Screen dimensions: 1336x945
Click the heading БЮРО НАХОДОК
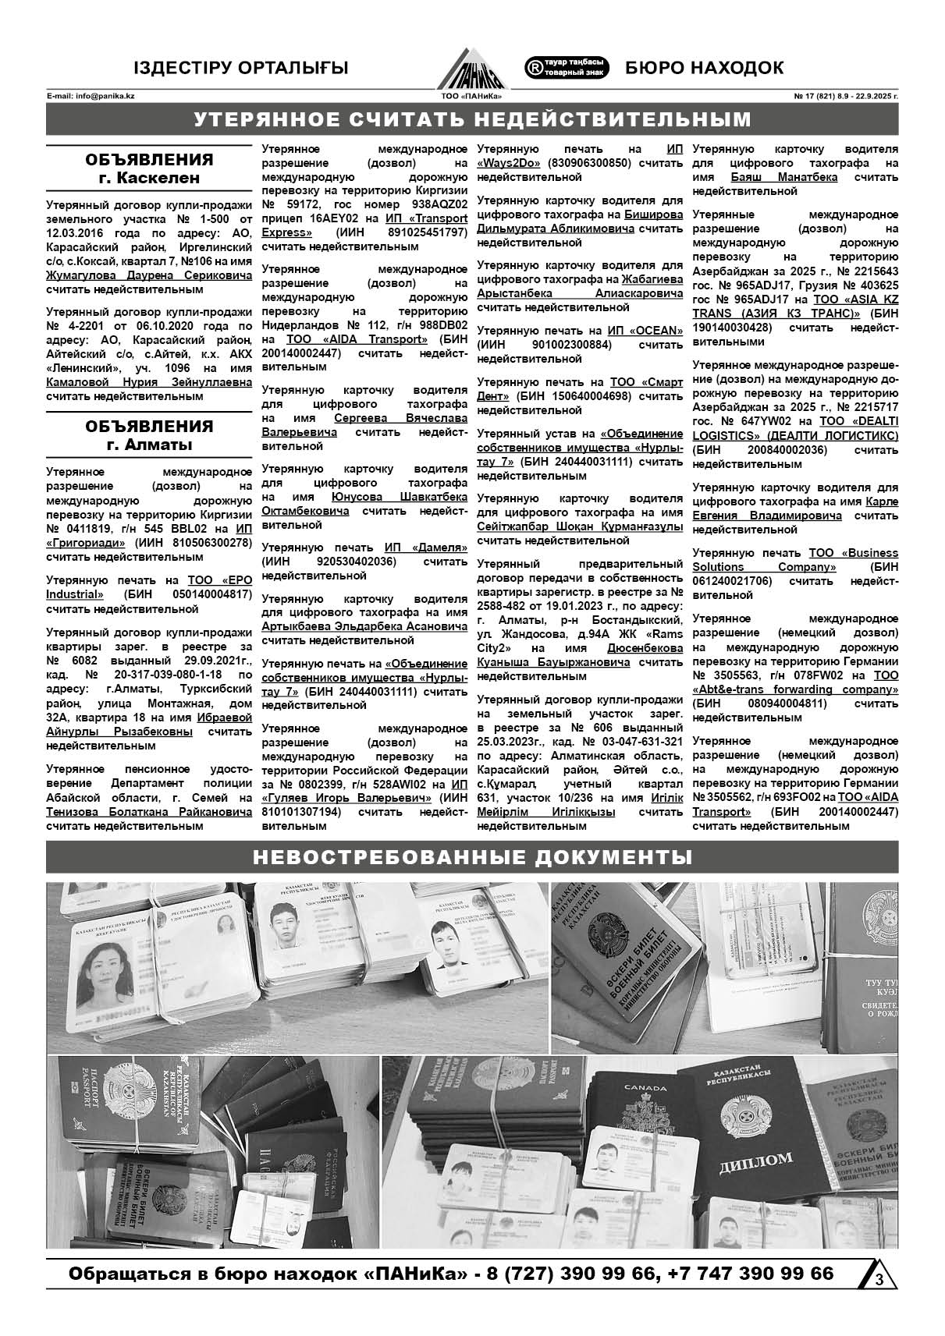point(704,68)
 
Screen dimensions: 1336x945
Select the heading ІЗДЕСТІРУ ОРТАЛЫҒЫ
point(240,68)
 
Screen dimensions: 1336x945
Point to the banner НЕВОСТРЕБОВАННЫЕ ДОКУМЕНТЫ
point(472,858)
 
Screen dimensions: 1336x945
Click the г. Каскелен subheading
point(149,178)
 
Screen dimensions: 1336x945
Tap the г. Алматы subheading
point(149,445)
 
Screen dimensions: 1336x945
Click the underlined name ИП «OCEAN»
point(645,331)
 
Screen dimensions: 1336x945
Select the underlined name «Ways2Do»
point(511,164)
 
